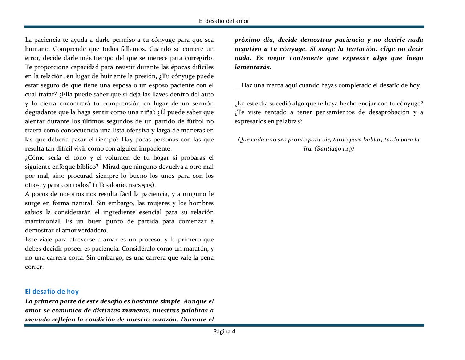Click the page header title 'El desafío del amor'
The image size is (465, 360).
click(x=224, y=21)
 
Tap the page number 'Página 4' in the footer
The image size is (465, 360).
click(x=224, y=331)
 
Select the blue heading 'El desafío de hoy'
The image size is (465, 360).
click(x=52, y=291)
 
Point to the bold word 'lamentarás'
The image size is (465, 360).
click(x=252, y=67)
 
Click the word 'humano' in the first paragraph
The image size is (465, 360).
click(x=36, y=49)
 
